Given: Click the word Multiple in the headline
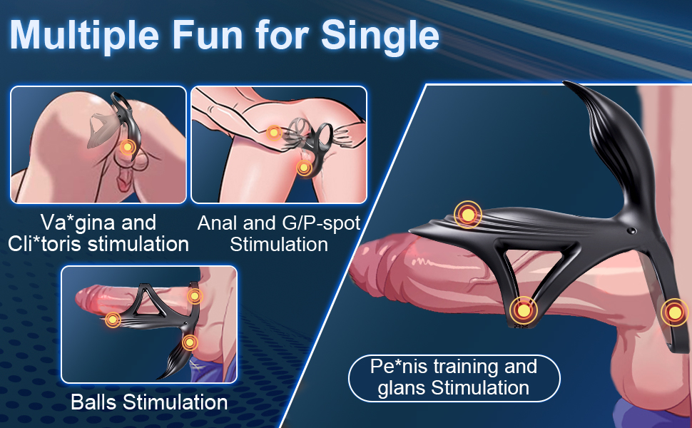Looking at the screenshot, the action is (x=84, y=35).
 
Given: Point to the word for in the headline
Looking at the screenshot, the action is (x=282, y=34).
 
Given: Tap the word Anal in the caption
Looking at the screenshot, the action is (x=218, y=223).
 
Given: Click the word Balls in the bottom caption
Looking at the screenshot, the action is (x=94, y=402).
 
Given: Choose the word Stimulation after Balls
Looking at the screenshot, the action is (x=175, y=402).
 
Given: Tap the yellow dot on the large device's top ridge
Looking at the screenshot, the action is (x=468, y=215).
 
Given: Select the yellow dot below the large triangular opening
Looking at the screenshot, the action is (x=524, y=310).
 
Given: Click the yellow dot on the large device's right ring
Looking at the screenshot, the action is (x=675, y=312).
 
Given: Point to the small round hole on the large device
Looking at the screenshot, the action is (x=631, y=231).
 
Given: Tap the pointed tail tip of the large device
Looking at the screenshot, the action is (x=565, y=83).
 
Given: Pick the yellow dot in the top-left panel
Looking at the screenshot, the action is (x=127, y=147).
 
